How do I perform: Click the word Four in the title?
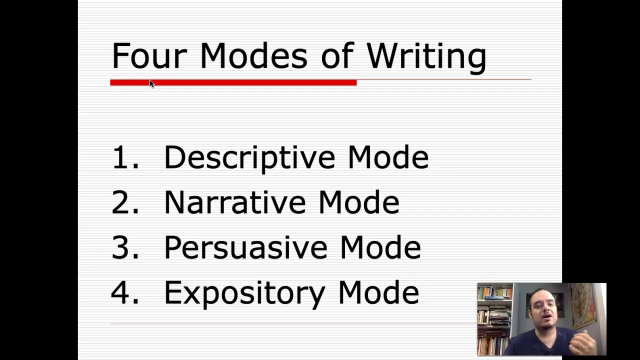[148, 55]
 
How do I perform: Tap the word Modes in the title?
[253, 55]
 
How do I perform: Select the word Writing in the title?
[426, 56]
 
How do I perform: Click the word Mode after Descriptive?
[388, 157]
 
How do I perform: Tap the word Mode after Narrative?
[358, 202]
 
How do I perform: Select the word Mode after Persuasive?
[380, 247]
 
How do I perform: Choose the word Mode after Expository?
[378, 292]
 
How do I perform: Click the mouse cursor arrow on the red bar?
[151, 83]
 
